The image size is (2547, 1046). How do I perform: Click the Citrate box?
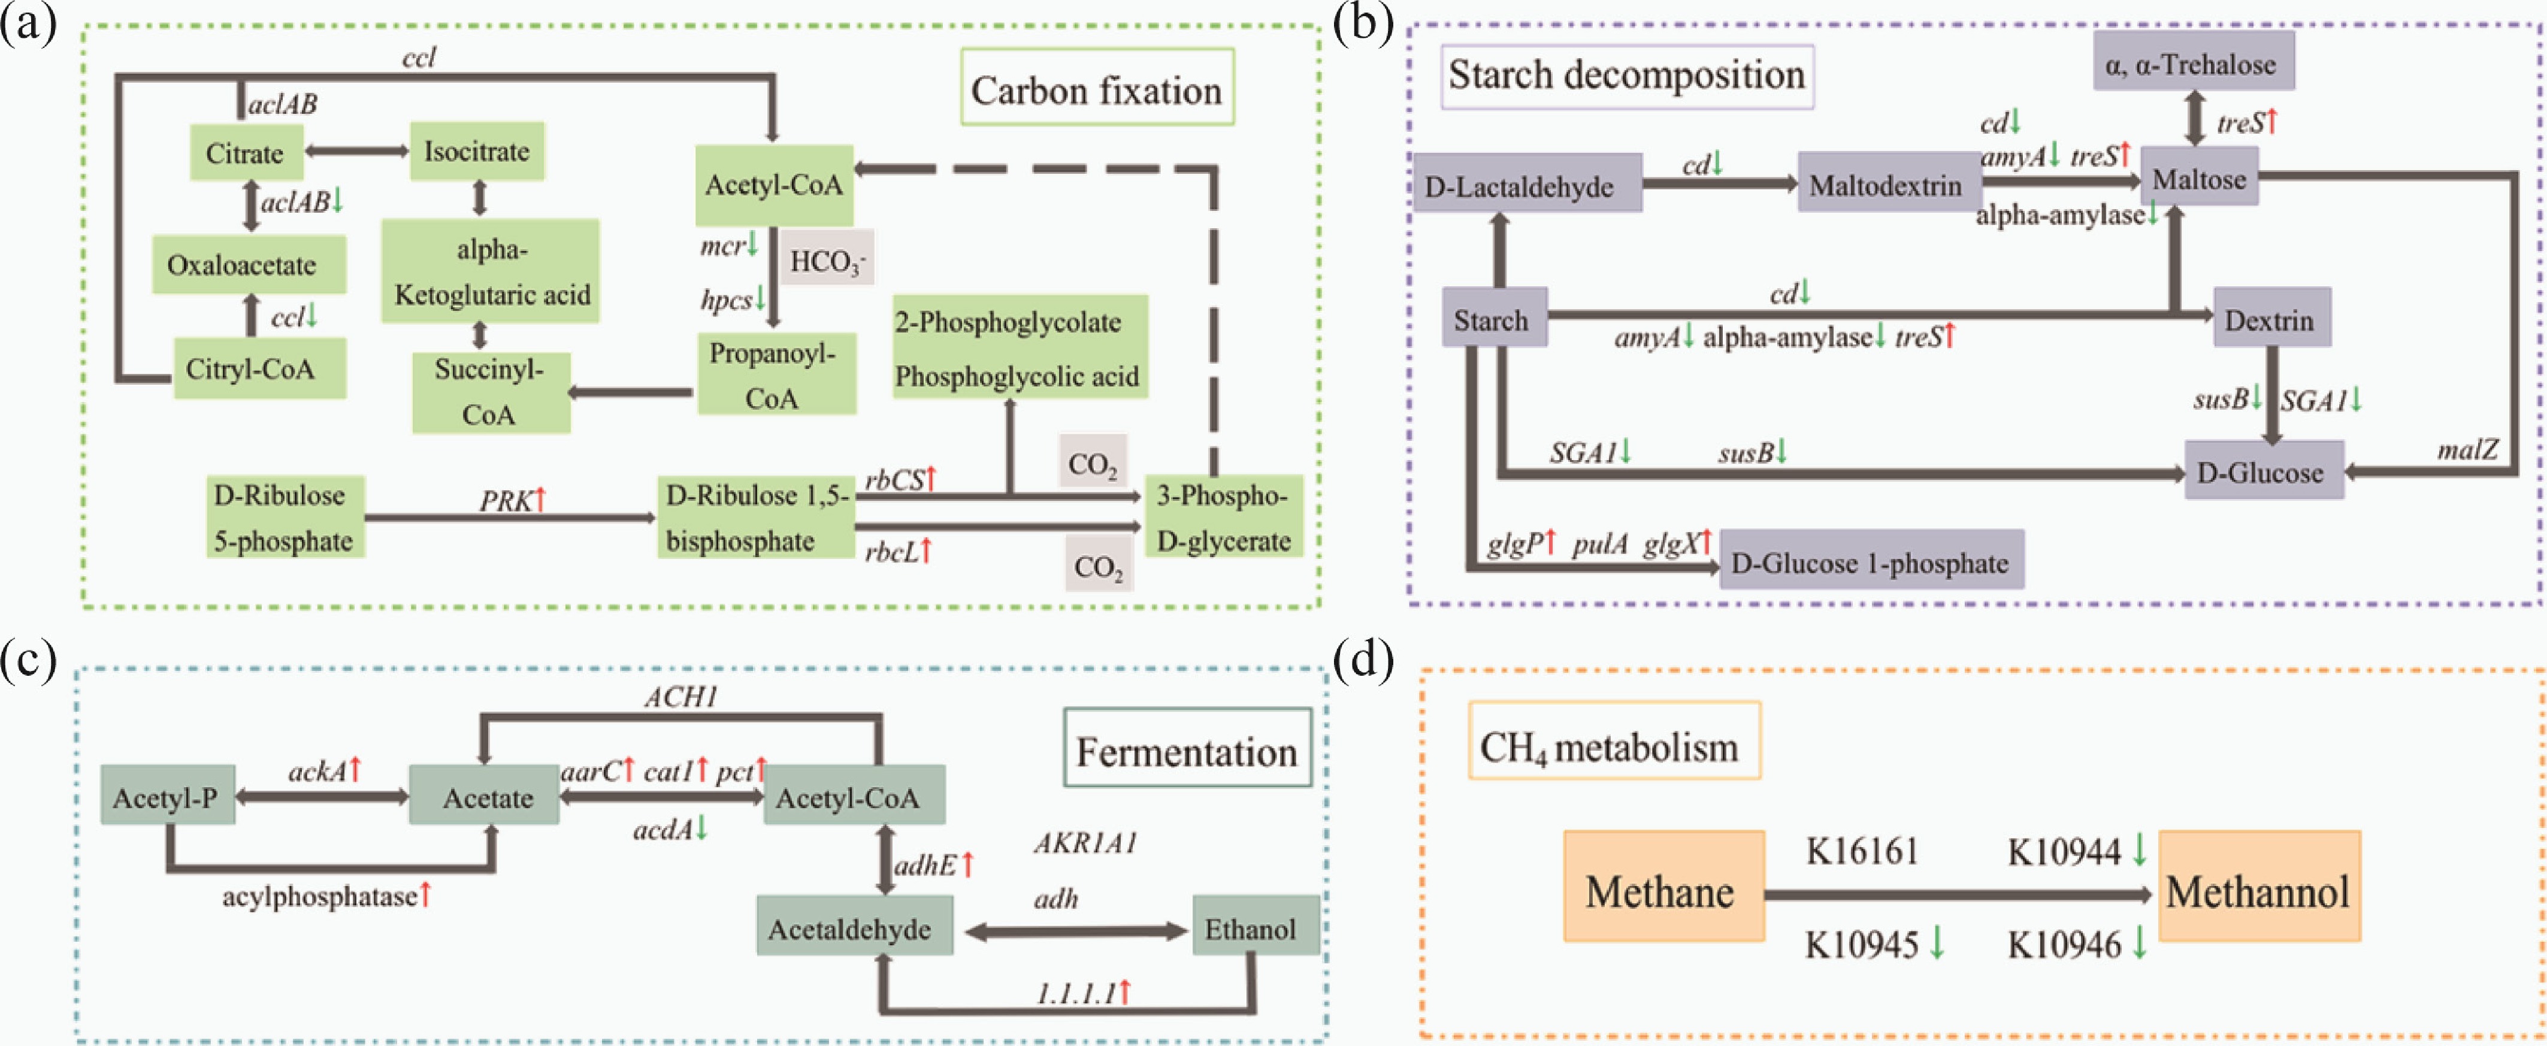(x=245, y=153)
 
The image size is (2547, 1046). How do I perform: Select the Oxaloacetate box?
(x=248, y=265)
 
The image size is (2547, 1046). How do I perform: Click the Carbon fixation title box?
(x=1097, y=89)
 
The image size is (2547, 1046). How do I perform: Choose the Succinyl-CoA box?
(x=491, y=392)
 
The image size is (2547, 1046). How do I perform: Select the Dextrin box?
(x=2270, y=319)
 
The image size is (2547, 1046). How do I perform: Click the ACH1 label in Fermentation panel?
(x=680, y=697)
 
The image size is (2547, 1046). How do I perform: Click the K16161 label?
(x=1861, y=850)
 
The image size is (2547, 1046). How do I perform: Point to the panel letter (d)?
(x=1363, y=660)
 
